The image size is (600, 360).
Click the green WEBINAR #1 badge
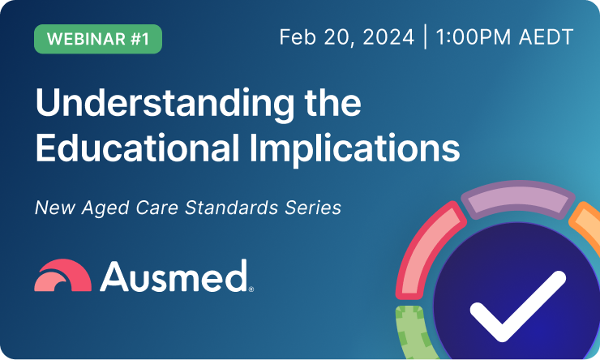tap(98, 39)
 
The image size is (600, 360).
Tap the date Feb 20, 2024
tap(346, 38)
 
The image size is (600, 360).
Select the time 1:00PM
tap(474, 38)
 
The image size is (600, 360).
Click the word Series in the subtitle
tap(313, 208)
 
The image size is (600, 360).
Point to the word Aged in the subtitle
tap(103, 208)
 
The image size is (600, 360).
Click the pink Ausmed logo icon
tap(62, 276)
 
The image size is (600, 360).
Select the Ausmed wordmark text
tap(174, 276)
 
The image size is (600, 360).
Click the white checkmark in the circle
tap(517, 307)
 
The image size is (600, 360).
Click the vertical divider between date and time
tap(425, 38)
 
